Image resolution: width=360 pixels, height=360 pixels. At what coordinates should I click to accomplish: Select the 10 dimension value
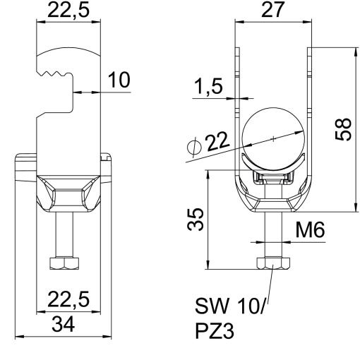tap(120, 80)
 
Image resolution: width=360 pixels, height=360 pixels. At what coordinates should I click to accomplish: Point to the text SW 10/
tap(234, 307)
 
